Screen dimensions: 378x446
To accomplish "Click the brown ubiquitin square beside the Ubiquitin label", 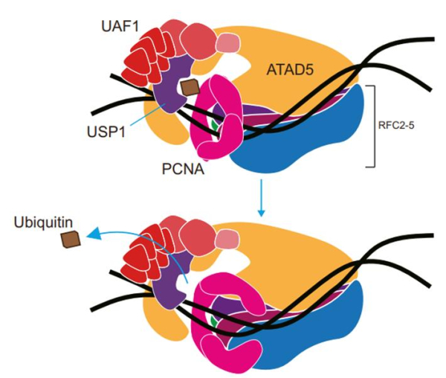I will pyautogui.click(x=71, y=240).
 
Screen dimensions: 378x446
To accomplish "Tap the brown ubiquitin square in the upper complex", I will pyautogui.click(x=190, y=88).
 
